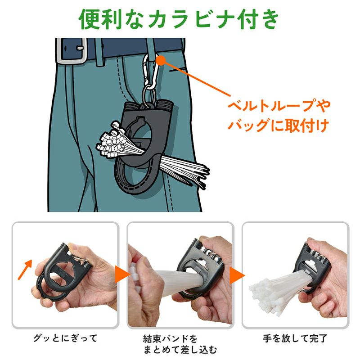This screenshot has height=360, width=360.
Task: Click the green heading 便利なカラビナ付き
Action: pos(179,19)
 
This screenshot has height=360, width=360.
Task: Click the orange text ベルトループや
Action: pos(279,106)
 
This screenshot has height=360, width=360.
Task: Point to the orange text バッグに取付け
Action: pos(278,126)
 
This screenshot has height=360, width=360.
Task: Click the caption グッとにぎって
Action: pos(65,338)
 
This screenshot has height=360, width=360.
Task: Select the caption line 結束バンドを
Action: pos(170,339)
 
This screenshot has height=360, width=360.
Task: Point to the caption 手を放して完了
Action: pos(295,338)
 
